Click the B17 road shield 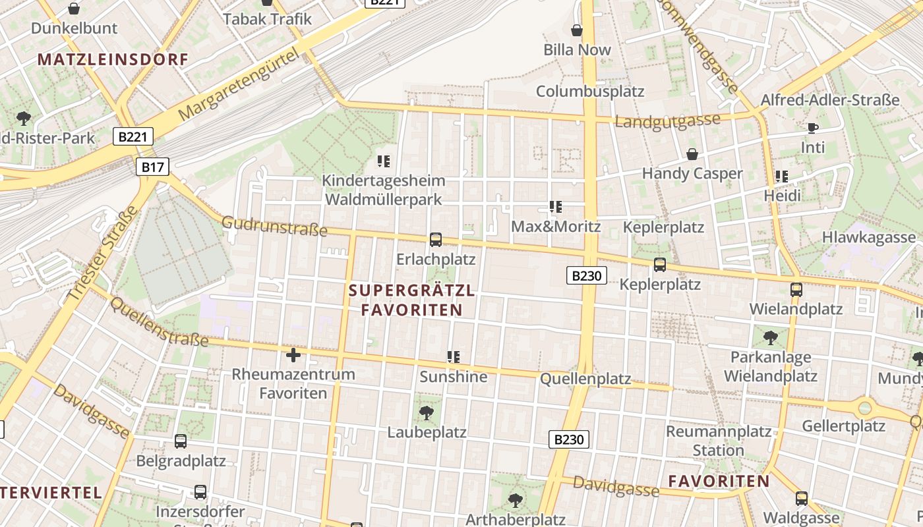point(152,167)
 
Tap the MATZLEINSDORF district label point(113,59)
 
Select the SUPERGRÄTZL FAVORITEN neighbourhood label point(411,300)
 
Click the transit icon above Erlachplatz point(436,240)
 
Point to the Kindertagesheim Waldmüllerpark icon point(384,161)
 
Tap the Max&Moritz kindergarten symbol point(556,207)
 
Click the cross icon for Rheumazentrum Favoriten point(293,356)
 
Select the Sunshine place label point(454,377)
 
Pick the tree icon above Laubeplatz point(427,413)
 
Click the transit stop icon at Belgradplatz point(181,441)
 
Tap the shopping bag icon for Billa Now point(577,30)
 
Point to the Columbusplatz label point(589,91)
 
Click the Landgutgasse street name point(667,121)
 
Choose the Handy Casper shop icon point(692,154)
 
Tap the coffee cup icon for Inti point(812,128)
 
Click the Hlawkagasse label point(868,238)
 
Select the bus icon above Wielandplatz point(796,289)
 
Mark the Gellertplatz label point(843,426)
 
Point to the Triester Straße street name point(103,254)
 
